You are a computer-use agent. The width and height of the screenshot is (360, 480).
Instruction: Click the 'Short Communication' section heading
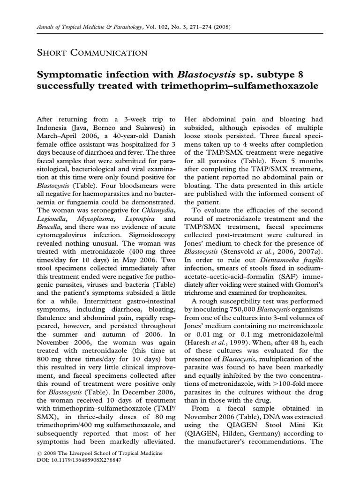(x=92, y=52)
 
